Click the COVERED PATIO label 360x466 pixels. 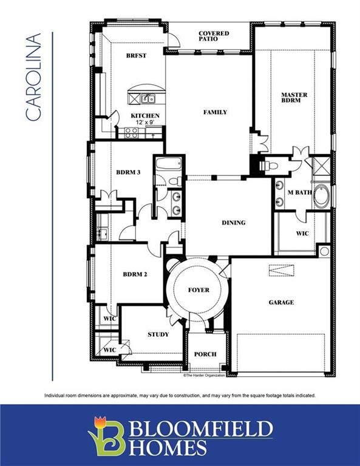coord(214,36)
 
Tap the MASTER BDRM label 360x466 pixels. coord(294,98)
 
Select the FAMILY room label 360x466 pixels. coord(215,112)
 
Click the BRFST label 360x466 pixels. coord(135,55)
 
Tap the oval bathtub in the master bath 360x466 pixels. coord(321,196)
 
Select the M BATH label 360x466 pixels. coord(299,192)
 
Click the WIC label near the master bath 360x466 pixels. coord(302,233)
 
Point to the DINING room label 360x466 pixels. coord(234,223)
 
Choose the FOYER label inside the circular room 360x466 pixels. coord(198,290)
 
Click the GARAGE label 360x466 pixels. coord(281,302)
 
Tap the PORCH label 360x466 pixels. coord(205,354)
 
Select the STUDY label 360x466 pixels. coord(158,334)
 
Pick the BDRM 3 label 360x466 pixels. coord(128,172)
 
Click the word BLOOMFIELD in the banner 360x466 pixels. coord(200,430)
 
